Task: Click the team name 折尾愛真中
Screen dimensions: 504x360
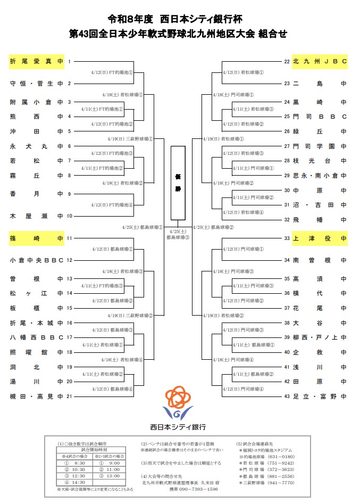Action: click(x=36, y=62)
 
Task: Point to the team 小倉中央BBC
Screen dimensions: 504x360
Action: click(x=36, y=260)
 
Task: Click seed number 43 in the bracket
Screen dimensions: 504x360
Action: click(x=287, y=396)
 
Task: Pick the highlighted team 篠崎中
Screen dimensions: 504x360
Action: click(x=36, y=238)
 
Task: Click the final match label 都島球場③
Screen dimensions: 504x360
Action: click(x=178, y=237)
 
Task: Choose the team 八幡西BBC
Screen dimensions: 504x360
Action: click(x=36, y=337)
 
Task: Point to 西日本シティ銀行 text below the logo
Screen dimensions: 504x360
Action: click(x=178, y=427)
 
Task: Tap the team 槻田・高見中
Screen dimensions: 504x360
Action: click(x=36, y=396)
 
